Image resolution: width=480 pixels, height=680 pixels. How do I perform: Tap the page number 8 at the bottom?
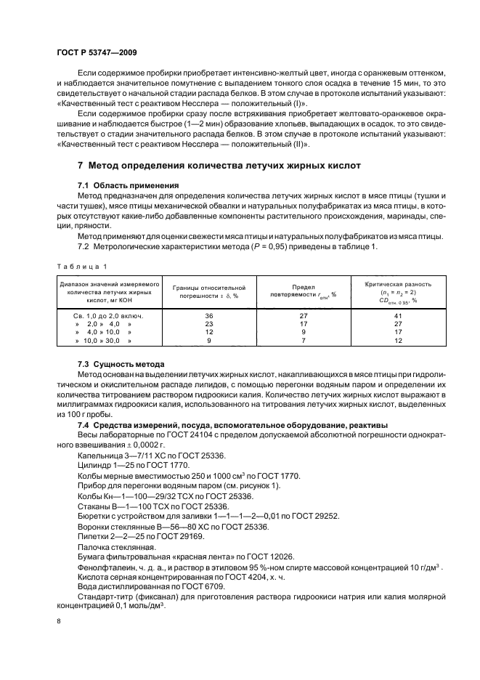pos(60,621)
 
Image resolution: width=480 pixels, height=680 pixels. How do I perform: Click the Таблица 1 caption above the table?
pos(83,266)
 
